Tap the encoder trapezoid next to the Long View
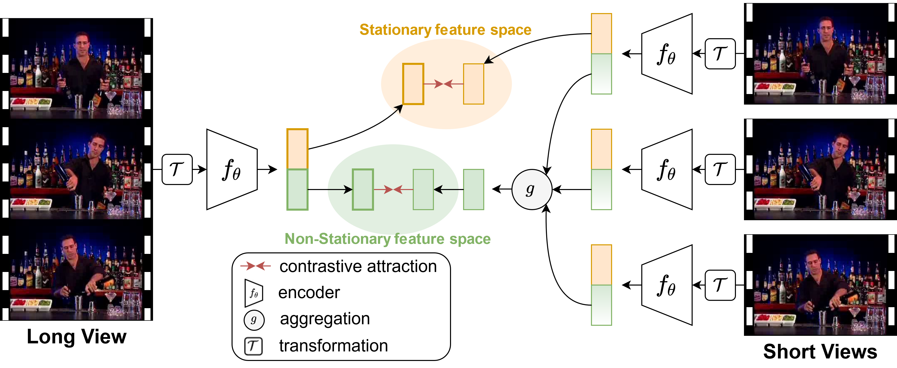click(232, 169)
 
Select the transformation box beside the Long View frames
click(177, 169)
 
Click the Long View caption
click(77, 337)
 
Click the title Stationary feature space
click(445, 30)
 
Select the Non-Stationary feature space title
click(388, 239)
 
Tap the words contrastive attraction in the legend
click(358, 266)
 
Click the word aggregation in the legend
click(324, 319)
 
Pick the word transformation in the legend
click(333, 346)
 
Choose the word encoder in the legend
click(309, 293)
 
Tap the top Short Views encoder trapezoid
click(667, 54)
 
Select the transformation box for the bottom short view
click(720, 285)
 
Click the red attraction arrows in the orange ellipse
click(443, 84)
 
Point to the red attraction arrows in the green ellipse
click(393, 190)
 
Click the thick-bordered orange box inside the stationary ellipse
click(413, 84)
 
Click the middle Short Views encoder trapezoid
click(667, 169)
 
